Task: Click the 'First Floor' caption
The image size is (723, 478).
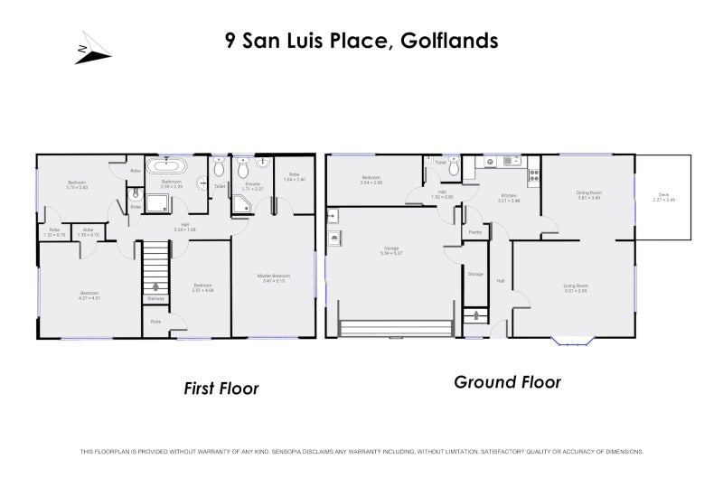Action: tap(221, 389)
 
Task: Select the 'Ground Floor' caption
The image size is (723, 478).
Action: tap(507, 382)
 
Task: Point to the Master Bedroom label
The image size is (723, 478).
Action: tap(272, 276)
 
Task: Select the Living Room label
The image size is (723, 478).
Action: tap(576, 286)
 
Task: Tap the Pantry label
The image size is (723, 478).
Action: tap(475, 232)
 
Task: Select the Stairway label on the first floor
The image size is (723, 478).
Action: tap(155, 297)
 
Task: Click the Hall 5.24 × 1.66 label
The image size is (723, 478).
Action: tap(184, 226)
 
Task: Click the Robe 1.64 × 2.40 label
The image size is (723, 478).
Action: tap(294, 176)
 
